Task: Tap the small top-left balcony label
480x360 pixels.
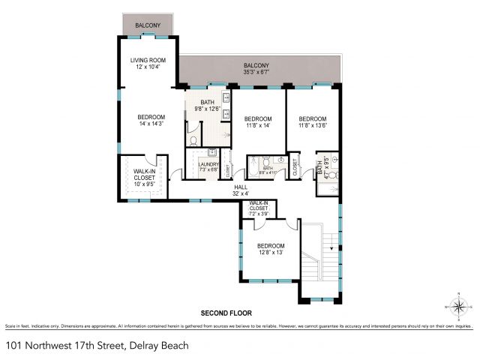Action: pyautogui.click(x=147, y=26)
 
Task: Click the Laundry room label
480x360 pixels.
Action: pyautogui.click(x=209, y=164)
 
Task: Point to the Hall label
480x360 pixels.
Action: pyautogui.click(x=241, y=187)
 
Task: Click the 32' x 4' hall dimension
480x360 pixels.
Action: pyautogui.click(x=241, y=193)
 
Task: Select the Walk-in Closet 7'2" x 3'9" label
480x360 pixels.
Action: pyautogui.click(x=259, y=208)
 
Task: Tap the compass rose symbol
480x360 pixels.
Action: pyautogui.click(x=459, y=306)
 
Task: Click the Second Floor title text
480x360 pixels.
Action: pyautogui.click(x=225, y=313)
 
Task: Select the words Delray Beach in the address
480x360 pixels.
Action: pyautogui.click(x=159, y=346)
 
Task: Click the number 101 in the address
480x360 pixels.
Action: pyautogui.click(x=13, y=346)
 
